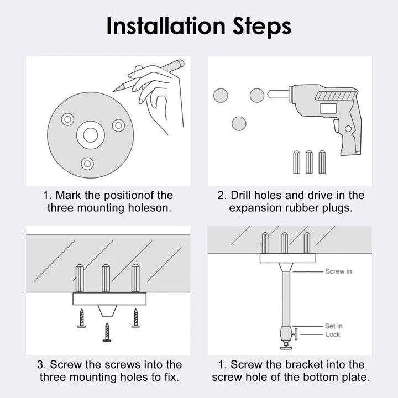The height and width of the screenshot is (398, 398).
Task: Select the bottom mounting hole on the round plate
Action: point(86,163)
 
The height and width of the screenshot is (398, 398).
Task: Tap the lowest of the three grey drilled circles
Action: point(239,123)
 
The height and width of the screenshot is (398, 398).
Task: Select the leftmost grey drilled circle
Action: point(221,95)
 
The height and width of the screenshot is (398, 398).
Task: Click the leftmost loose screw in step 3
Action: point(81,318)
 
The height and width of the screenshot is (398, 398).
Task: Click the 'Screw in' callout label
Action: point(338,271)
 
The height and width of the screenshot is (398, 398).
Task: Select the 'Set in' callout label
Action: point(333,326)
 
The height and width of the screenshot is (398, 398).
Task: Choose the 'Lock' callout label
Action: point(333,334)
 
